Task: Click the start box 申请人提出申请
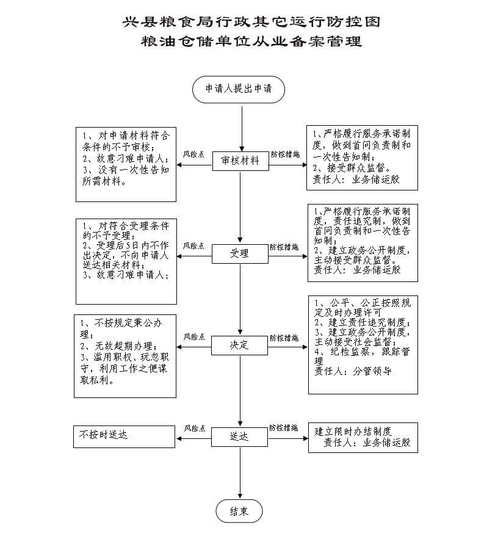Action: coord(239,89)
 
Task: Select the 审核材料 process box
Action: coord(240,161)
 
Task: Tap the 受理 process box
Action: coord(240,253)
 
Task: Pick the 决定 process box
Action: coord(239,346)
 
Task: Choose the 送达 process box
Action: coord(239,436)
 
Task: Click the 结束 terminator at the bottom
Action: coord(239,511)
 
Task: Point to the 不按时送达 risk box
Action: coord(124,436)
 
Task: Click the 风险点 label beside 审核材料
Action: coord(193,154)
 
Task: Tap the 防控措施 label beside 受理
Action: coord(284,247)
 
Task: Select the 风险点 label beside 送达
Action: coord(195,429)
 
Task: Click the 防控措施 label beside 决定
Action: coord(284,338)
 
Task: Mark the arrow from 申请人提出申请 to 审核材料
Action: coord(242,129)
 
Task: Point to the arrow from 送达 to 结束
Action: coord(240,473)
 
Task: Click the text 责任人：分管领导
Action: coord(353,371)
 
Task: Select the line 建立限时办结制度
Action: coord(353,432)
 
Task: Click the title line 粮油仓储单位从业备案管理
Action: coord(251,42)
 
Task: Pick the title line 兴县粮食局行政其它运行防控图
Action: coord(251,22)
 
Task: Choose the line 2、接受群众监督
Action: coord(352,168)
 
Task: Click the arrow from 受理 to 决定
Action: coord(240,300)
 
